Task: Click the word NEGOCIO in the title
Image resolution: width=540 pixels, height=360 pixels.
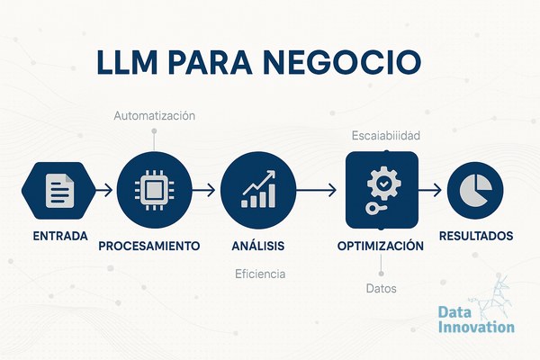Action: (342, 62)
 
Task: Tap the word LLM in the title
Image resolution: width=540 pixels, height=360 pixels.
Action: (127, 62)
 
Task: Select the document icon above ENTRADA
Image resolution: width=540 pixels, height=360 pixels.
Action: (60, 191)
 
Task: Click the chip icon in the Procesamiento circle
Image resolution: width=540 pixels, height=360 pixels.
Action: (154, 190)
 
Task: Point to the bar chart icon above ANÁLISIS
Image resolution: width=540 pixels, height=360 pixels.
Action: (258, 189)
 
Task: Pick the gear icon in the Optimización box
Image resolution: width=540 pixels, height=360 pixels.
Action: (383, 183)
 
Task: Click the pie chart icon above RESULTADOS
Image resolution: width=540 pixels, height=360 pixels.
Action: (475, 190)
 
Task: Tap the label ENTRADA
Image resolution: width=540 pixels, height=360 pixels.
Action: (60, 237)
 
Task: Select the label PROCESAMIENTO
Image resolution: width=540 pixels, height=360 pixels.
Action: (149, 246)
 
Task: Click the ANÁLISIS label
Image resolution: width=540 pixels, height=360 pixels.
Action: (258, 246)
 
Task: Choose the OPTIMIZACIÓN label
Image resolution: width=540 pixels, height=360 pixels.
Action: (381, 246)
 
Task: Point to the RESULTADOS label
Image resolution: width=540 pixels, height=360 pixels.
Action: (476, 236)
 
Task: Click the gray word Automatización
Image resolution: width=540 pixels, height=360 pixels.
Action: (154, 116)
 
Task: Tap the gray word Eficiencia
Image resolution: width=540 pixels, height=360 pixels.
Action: (260, 274)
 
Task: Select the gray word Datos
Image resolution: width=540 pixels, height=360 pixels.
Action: (382, 288)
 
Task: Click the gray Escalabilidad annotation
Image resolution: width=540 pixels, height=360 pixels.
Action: (386, 136)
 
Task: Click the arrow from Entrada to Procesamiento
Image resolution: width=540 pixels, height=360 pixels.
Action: (103, 190)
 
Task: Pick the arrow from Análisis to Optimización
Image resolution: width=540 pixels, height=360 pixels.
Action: (316, 190)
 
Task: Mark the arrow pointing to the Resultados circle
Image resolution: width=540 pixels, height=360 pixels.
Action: (430, 190)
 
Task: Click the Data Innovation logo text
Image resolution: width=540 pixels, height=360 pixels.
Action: (476, 319)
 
